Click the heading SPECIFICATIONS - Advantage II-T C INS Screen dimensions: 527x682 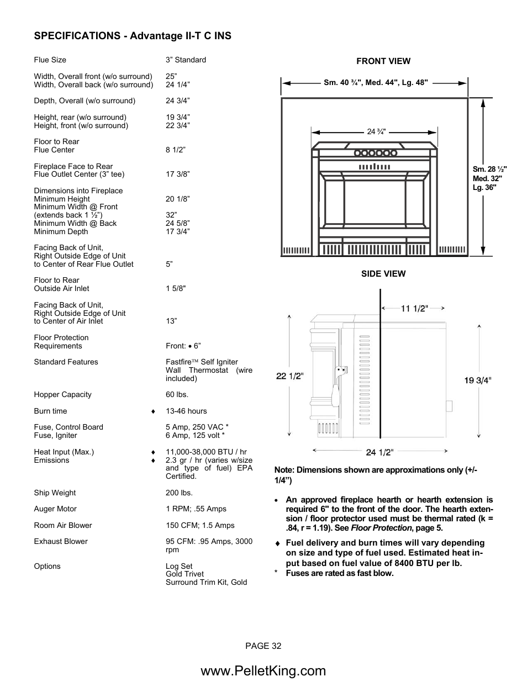[x=133, y=36]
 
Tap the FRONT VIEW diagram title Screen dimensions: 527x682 [x=383, y=61]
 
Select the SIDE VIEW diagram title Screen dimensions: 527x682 [x=383, y=274]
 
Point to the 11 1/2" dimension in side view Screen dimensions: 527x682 [x=414, y=309]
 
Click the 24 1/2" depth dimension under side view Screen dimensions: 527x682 [x=380, y=452]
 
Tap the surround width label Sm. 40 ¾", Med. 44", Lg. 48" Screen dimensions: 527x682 [x=376, y=83]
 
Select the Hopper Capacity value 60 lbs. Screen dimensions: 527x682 [x=177, y=395]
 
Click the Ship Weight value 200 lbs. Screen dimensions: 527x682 [x=179, y=493]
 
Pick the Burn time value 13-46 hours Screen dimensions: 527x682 [x=186, y=411]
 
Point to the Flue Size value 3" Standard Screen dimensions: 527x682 [x=186, y=60]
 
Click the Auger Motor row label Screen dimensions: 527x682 [x=55, y=509]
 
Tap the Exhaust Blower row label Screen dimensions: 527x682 [x=61, y=542]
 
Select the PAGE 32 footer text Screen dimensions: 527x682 [x=263, y=646]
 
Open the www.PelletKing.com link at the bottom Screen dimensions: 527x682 [x=263, y=671]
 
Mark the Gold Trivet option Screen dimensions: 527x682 [x=185, y=574]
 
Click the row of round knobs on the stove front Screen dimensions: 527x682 [x=375, y=153]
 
